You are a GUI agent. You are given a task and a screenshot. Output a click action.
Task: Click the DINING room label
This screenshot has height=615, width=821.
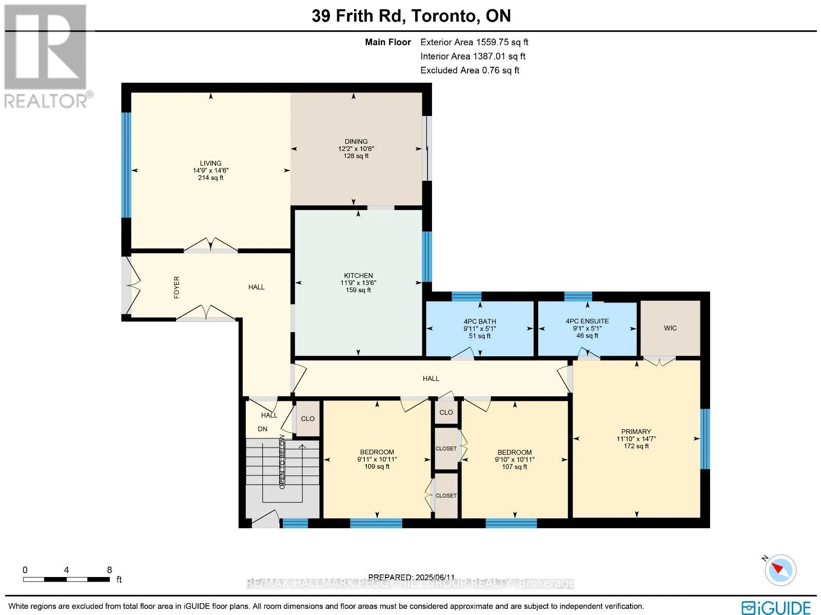pos(356,141)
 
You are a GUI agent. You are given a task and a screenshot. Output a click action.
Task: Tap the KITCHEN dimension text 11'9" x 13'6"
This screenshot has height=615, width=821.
pos(358,283)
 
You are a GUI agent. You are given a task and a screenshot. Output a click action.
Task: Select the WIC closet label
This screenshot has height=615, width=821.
pos(670,328)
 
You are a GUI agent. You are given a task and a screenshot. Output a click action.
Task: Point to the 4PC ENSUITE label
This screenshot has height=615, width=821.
pos(587,321)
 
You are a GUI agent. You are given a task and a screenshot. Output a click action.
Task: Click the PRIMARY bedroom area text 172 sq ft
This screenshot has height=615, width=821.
pos(636,446)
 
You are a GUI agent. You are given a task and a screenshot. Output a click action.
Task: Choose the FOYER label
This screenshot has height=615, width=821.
pos(177,287)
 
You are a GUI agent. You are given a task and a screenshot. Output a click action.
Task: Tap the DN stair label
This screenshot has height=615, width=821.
pos(263,429)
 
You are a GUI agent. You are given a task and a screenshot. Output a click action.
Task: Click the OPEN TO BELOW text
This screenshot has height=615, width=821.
pos(282,463)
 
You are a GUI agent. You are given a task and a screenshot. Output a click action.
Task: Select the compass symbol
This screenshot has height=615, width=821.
pos(780,570)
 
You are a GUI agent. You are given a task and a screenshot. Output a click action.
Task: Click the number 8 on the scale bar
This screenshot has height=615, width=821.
pos(109,570)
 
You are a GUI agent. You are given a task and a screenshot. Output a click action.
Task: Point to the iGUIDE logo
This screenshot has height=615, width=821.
pos(776,607)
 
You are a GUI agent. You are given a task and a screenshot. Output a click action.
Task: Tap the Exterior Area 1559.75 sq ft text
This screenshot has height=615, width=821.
pos(474,42)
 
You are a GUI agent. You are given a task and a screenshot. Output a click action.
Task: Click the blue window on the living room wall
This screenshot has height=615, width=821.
pos(126,165)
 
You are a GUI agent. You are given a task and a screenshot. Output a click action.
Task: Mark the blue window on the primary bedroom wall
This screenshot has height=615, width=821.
pos(705,439)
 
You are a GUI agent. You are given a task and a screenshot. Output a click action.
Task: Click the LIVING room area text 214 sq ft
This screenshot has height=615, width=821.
pos(210,178)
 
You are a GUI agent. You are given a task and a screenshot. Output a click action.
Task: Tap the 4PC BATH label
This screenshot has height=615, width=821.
pos(480,321)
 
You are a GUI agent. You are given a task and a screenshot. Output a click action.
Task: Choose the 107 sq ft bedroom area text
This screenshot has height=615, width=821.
pos(515,467)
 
